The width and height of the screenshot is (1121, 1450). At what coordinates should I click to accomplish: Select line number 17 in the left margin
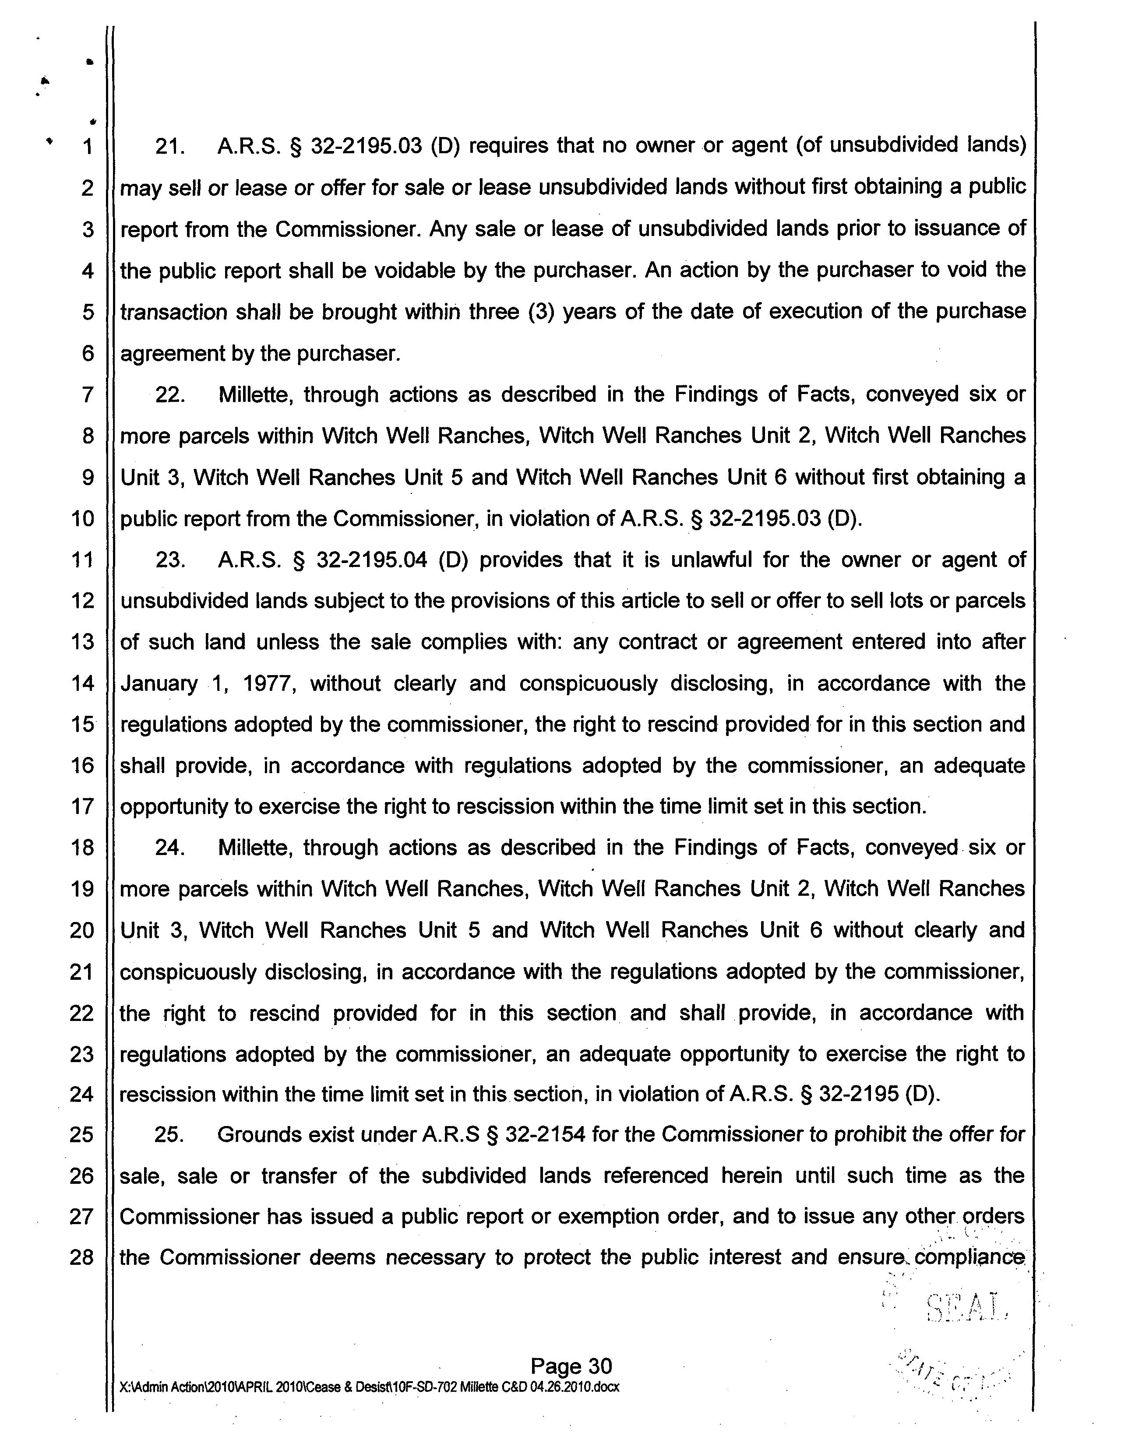pos(82,807)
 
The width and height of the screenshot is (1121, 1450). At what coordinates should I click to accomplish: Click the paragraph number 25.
pos(169,1135)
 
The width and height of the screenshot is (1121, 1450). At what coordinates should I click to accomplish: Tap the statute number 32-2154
pos(545,1135)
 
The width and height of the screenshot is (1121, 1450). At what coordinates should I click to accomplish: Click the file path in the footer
pos(369,1387)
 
